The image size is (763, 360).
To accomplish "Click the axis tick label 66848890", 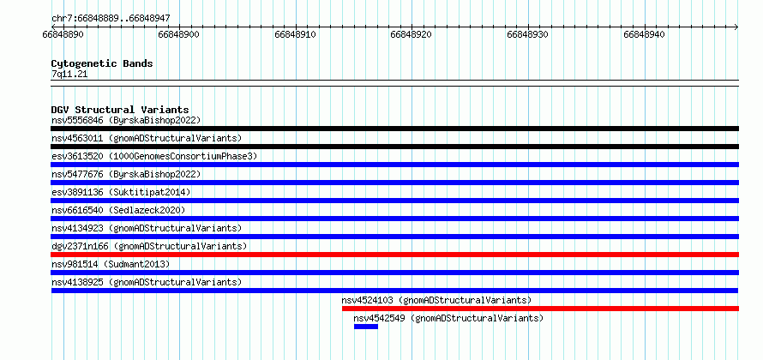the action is click(x=63, y=34).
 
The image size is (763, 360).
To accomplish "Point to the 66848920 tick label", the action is click(x=412, y=34).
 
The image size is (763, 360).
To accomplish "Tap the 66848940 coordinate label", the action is click(x=644, y=34).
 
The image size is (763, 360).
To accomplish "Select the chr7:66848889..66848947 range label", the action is click(x=111, y=19).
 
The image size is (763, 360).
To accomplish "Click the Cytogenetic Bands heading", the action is click(x=102, y=63).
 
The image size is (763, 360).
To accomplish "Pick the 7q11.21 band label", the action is click(x=69, y=75).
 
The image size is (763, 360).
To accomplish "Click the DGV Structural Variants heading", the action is click(x=120, y=110).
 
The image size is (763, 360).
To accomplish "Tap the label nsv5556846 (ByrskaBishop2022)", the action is click(x=126, y=120).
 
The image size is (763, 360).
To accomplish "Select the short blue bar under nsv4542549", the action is click(x=366, y=327).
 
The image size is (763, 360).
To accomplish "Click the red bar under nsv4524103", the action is click(x=541, y=309).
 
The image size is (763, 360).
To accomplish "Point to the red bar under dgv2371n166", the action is click(x=395, y=255).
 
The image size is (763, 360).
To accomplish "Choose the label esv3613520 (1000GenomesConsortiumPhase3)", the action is click(x=154, y=156).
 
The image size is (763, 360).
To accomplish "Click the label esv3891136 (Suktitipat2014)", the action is click(x=121, y=192).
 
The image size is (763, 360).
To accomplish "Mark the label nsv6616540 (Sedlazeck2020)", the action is click(x=118, y=210).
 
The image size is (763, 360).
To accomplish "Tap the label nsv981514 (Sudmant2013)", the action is click(x=111, y=264).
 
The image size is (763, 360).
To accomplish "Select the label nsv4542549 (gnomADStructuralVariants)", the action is click(x=448, y=319).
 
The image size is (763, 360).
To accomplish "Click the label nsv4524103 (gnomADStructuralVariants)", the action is click(x=436, y=300).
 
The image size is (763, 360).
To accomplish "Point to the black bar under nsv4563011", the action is click(x=395, y=147).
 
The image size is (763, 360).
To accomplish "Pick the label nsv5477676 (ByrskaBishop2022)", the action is click(x=126, y=174).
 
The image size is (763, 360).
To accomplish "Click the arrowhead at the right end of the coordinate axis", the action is click(x=737, y=27).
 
